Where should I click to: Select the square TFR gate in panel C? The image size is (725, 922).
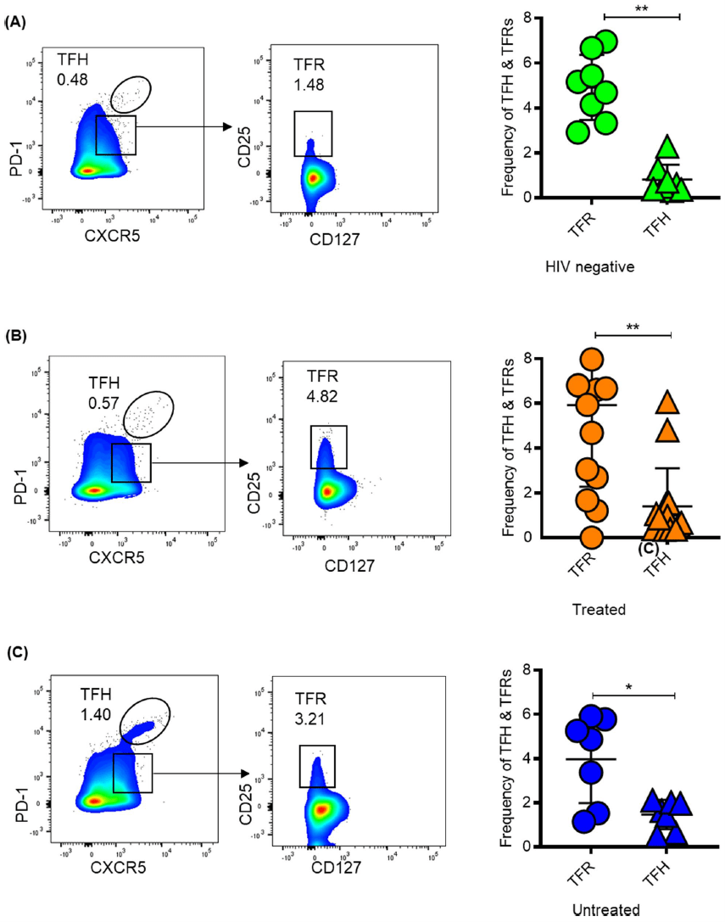pyautogui.click(x=317, y=766)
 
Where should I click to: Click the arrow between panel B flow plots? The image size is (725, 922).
pyautogui.click(x=198, y=463)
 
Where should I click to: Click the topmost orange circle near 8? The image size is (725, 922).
pyautogui.click(x=592, y=360)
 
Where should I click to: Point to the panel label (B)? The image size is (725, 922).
pyautogui.click(x=16, y=336)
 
